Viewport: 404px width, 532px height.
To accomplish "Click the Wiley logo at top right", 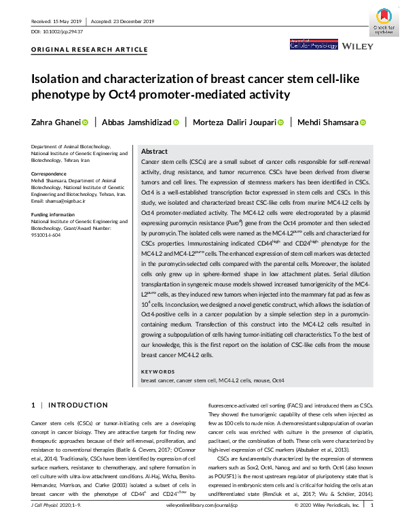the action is pyautogui.click(x=358, y=46).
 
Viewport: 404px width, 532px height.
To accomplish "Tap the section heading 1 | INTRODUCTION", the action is pyautogui.click(x=70, y=405).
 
